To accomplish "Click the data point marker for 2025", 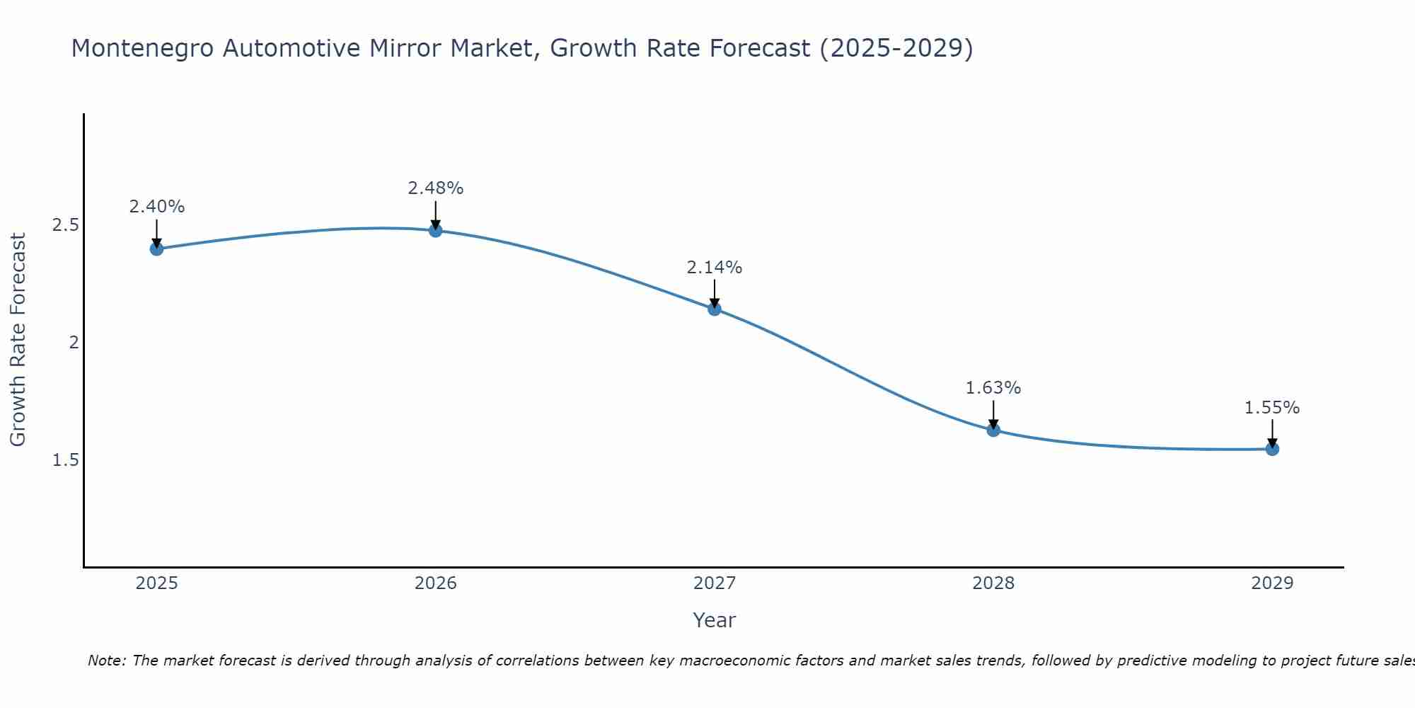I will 156,249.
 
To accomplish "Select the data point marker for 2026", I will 435,230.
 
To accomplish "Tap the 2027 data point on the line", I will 714,309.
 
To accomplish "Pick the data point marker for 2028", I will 993,430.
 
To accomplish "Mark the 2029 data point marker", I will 1272,449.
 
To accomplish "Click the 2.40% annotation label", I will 156,207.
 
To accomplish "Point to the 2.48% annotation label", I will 435,188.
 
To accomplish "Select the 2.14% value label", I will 714,268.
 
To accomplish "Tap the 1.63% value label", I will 993,388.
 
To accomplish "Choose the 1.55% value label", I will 1272,408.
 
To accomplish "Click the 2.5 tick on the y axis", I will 65,225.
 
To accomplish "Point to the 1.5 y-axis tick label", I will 65,460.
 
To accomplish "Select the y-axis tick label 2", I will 73,343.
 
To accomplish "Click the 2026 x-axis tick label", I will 435,583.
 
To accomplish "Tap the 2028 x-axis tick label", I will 993,583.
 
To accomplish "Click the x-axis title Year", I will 714,620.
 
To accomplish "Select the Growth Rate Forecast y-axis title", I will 18,340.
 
